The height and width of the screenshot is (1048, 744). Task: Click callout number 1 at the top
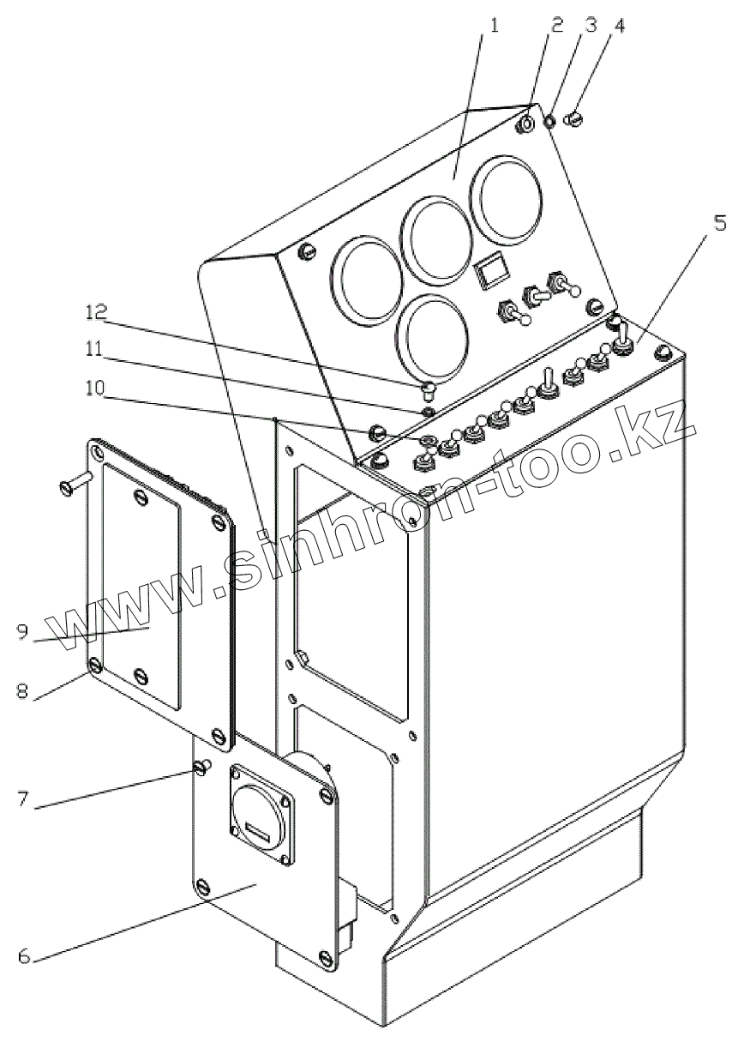click(494, 24)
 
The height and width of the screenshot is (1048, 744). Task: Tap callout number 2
click(558, 24)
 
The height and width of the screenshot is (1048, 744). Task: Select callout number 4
click(619, 25)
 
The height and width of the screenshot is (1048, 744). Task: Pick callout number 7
click(23, 799)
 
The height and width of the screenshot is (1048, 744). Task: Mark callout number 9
click(23, 631)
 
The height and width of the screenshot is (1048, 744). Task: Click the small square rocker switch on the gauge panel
click(490, 274)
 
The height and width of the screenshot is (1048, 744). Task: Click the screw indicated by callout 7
click(202, 766)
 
